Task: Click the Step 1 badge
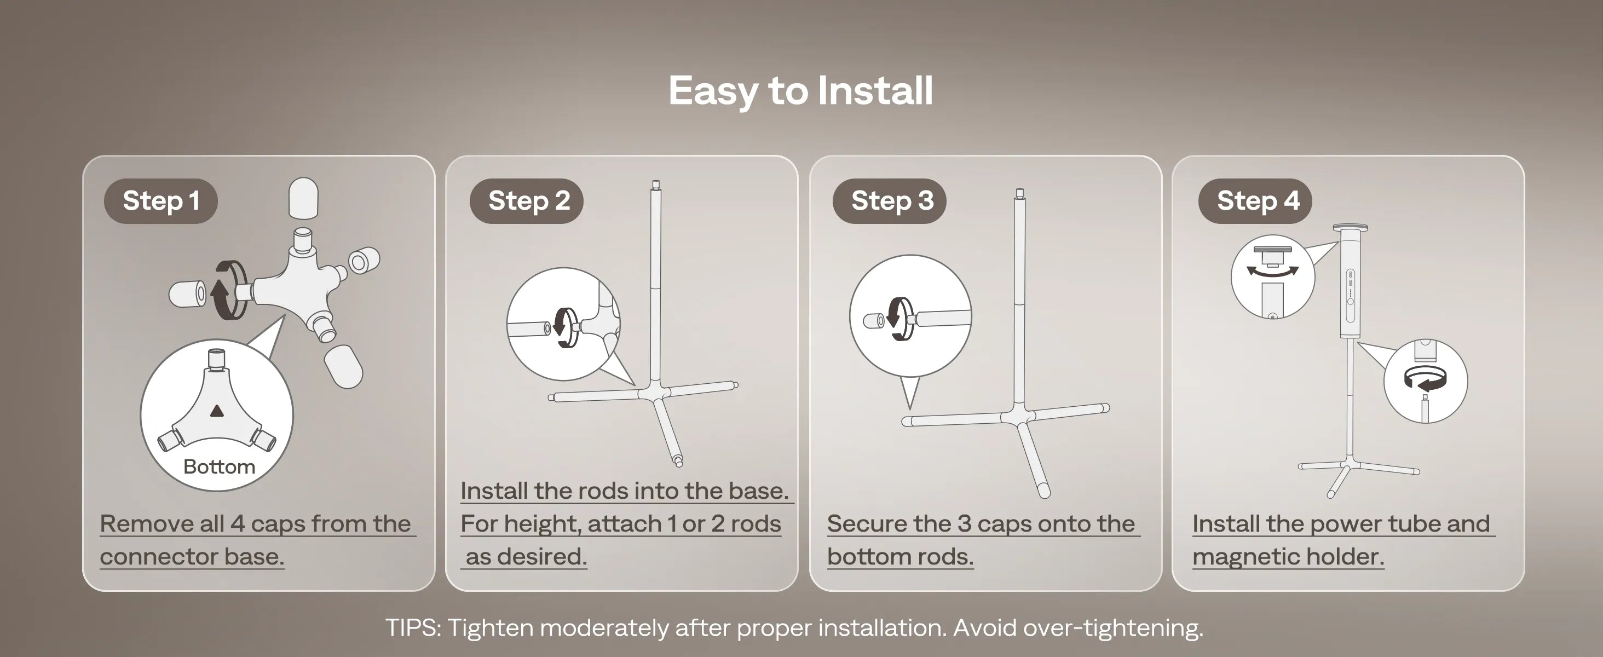tap(160, 201)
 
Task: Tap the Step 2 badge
tap(527, 201)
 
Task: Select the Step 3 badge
tap(889, 201)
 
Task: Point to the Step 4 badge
tap(1255, 201)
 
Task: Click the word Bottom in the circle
tap(219, 466)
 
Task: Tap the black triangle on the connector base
tap(217, 411)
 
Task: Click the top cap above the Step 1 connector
tap(304, 198)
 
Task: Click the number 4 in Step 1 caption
tap(237, 524)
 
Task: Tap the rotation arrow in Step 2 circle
tap(563, 327)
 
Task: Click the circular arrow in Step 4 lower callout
tap(1426, 379)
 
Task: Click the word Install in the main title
tap(875, 91)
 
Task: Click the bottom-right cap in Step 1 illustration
tap(343, 366)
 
